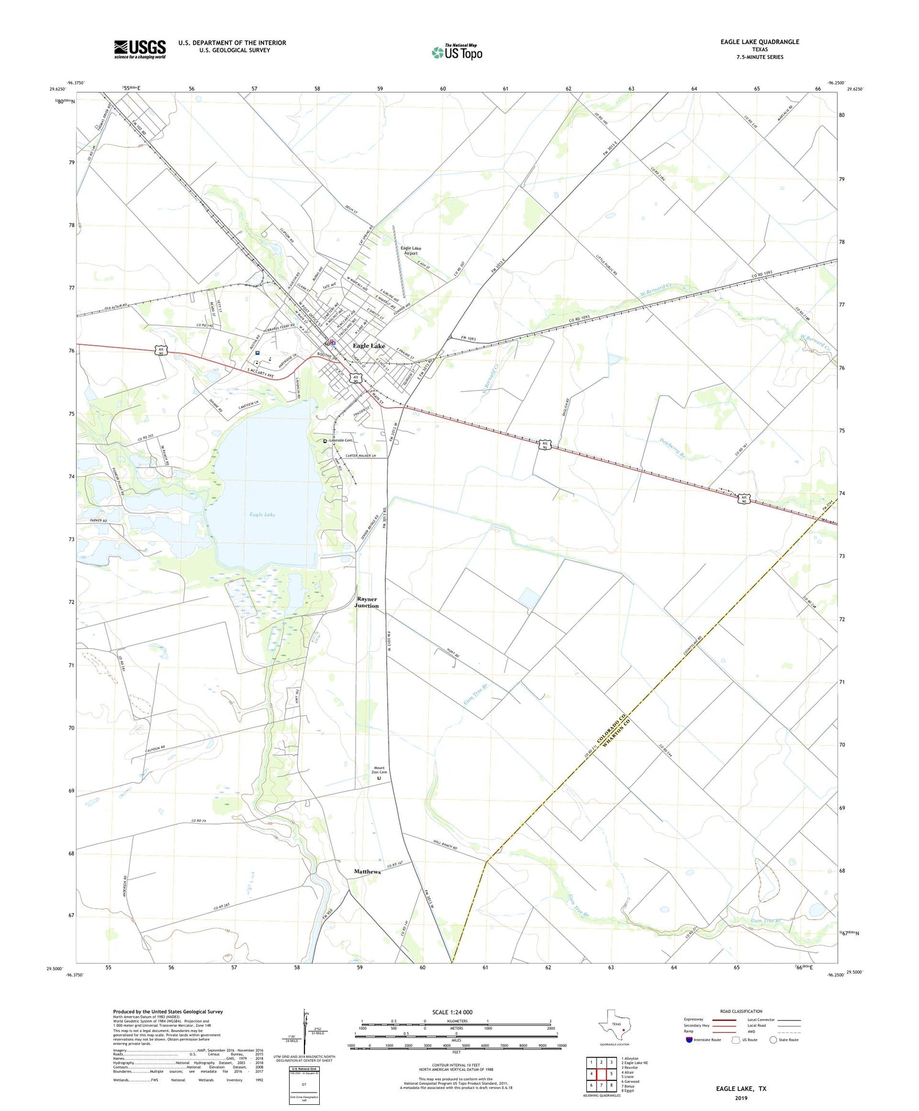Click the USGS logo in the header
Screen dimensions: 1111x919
click(140, 49)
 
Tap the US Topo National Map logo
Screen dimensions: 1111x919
click(457, 52)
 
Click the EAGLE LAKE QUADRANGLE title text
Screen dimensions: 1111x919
click(760, 42)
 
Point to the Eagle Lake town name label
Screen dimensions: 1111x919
click(369, 346)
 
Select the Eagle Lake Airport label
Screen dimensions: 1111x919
click(410, 251)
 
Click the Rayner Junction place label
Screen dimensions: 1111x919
click(367, 602)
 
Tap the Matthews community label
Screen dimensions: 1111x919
click(367, 871)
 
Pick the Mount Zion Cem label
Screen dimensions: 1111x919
click(379, 770)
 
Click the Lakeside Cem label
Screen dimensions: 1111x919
click(341, 441)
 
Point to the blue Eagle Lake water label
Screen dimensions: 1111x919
click(262, 515)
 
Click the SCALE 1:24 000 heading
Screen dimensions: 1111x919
click(452, 1012)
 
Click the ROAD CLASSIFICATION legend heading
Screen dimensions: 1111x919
click(741, 1011)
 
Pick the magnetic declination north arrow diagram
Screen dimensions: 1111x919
click(306, 1032)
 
